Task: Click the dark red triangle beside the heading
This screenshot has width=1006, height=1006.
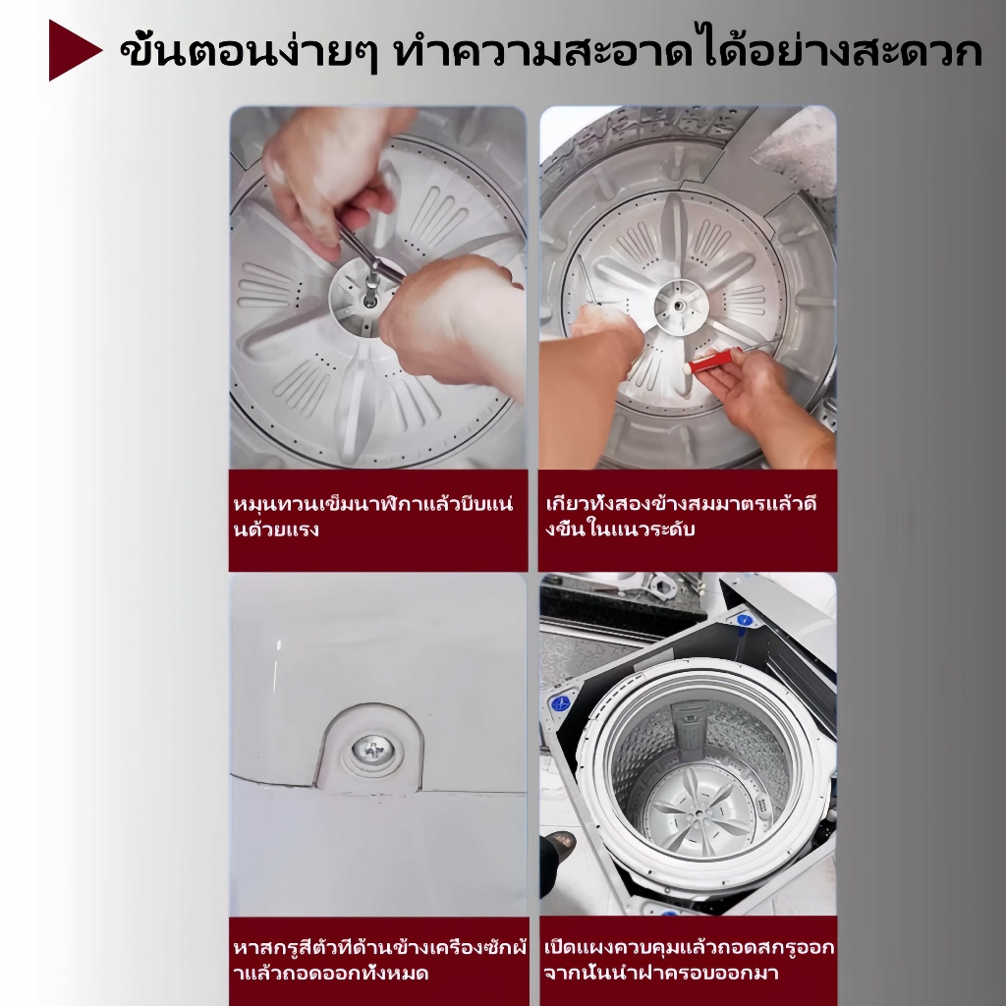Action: coord(71,50)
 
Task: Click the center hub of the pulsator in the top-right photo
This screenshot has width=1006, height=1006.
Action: coord(682,307)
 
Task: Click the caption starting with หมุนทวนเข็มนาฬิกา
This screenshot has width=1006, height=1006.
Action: coord(373,517)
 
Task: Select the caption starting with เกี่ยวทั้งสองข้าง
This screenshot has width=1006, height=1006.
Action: coord(681,517)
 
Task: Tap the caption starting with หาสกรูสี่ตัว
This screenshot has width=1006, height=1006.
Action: coord(380,961)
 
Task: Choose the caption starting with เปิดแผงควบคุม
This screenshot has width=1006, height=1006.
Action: coord(689,960)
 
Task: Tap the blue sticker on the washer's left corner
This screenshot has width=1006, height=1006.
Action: coord(560,703)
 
